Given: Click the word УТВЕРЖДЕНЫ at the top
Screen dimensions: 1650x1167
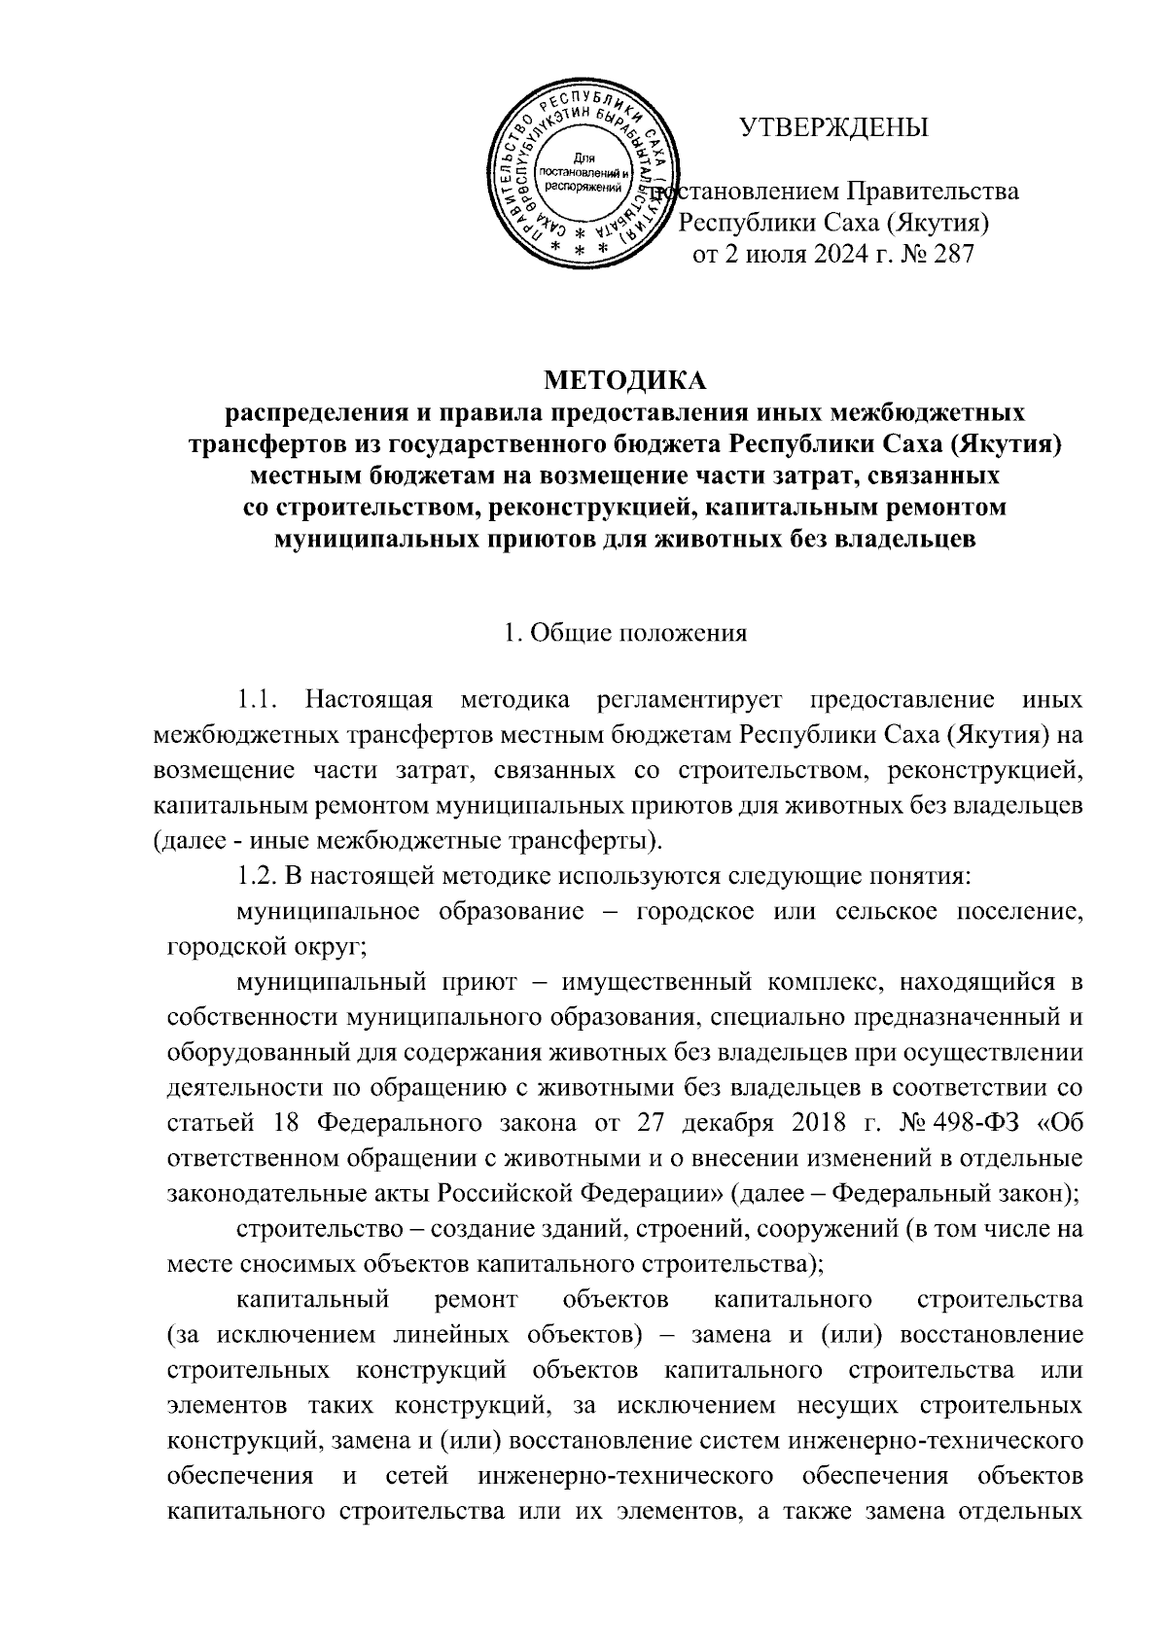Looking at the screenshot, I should pyautogui.click(x=833, y=128).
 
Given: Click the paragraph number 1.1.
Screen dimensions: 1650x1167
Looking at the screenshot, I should pyautogui.click(x=259, y=699).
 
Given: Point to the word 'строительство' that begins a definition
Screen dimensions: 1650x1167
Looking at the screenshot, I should pyautogui.click(x=313, y=1229).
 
